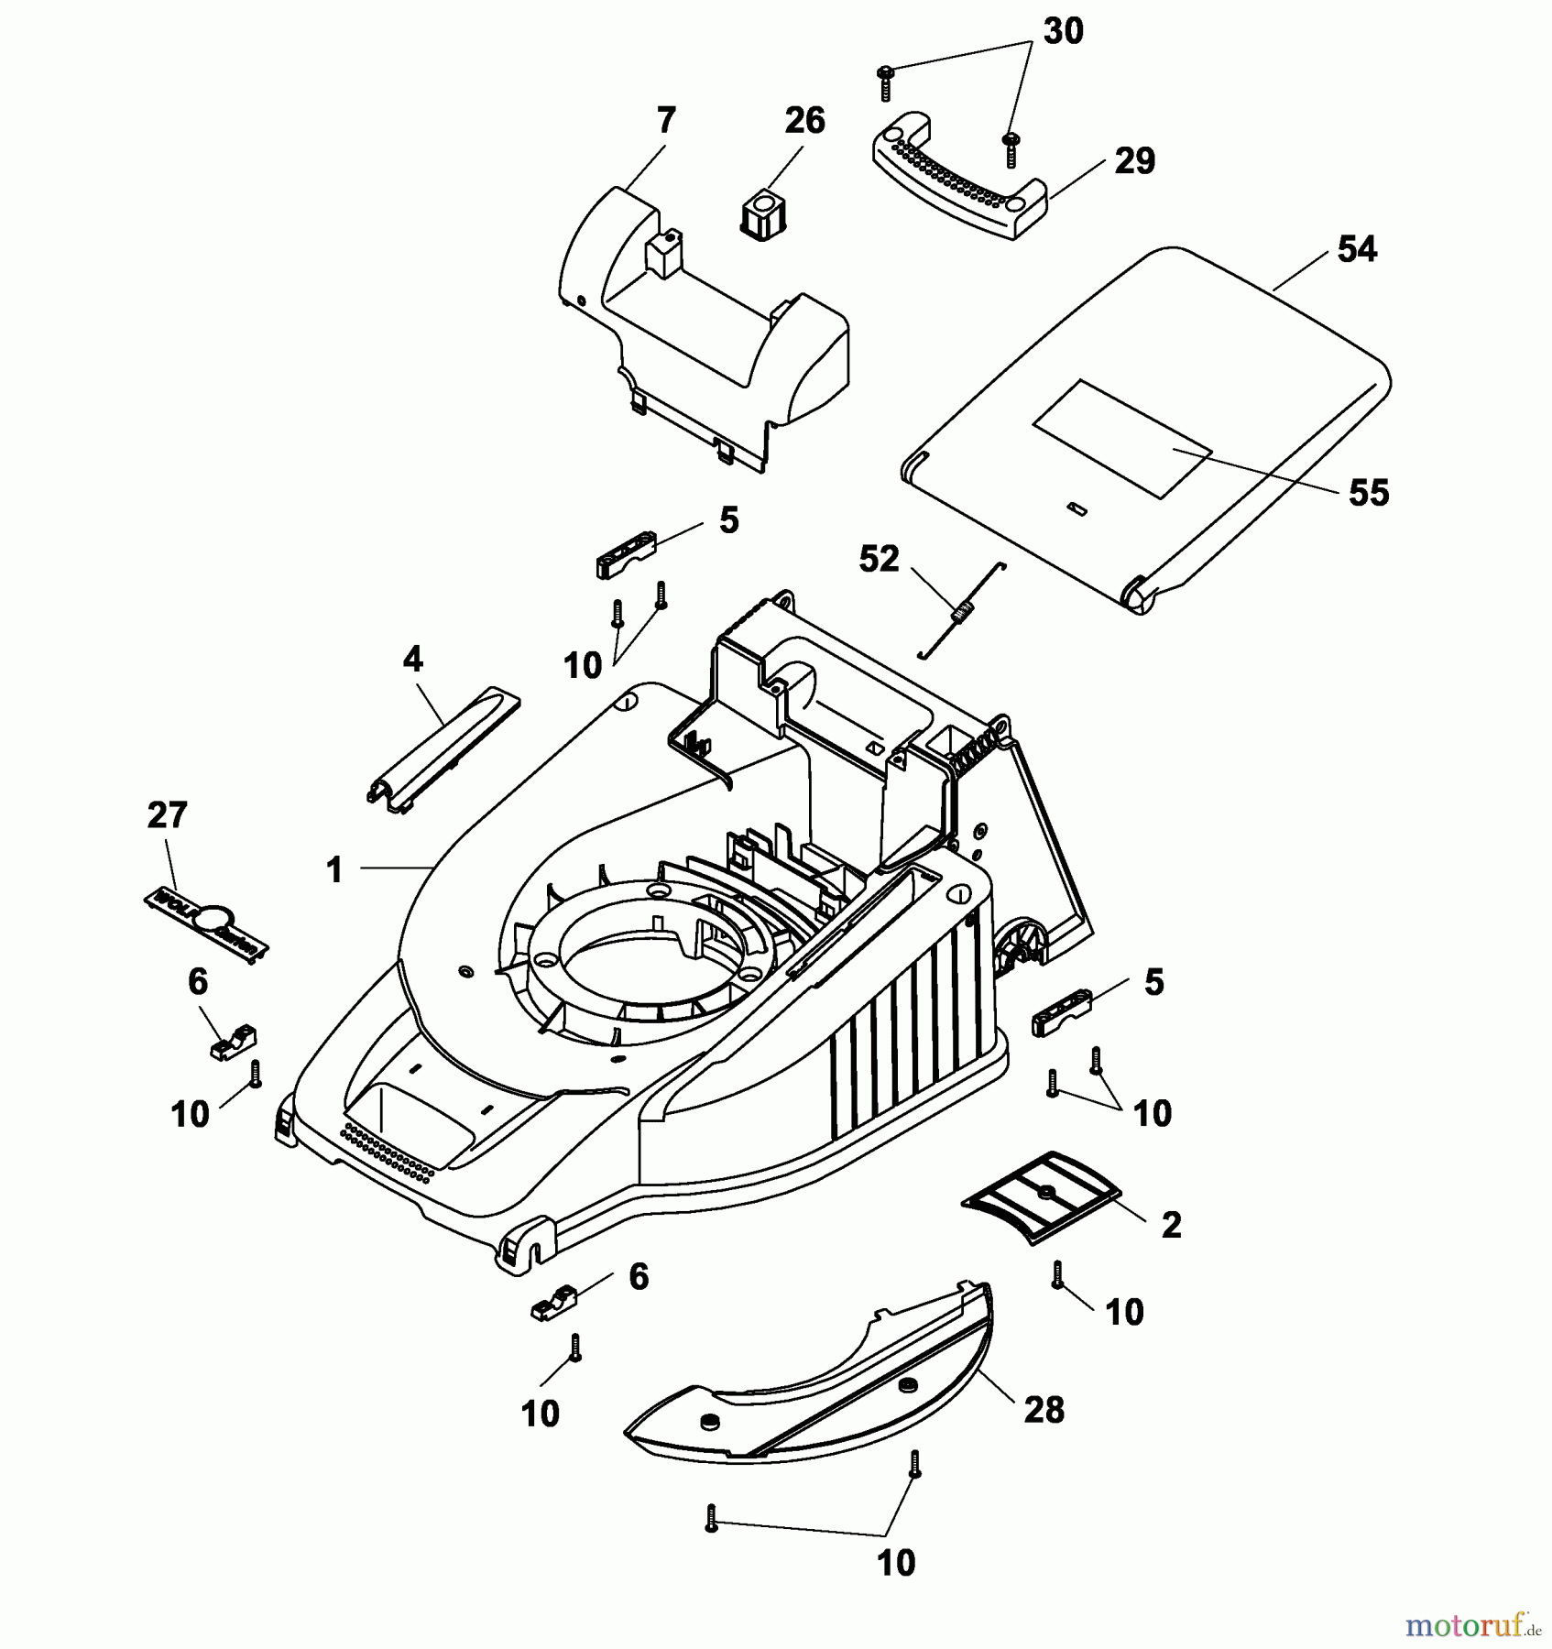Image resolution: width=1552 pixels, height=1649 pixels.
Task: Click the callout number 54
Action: pyautogui.click(x=1356, y=249)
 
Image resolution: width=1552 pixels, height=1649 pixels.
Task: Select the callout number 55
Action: pyautogui.click(x=1369, y=493)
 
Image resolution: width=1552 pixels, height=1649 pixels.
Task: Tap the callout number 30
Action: pyautogui.click(x=1063, y=31)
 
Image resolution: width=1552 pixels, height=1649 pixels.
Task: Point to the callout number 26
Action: pyautogui.click(x=804, y=121)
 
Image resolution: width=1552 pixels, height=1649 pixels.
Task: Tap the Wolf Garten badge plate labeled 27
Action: pyautogui.click(x=206, y=923)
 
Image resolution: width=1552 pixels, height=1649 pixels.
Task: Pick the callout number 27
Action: pyautogui.click(x=167, y=815)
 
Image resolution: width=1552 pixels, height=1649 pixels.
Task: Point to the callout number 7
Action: pyautogui.click(x=666, y=121)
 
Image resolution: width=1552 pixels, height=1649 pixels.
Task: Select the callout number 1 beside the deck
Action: pyautogui.click(x=334, y=869)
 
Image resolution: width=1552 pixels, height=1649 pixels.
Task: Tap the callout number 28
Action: pyautogui.click(x=1044, y=1410)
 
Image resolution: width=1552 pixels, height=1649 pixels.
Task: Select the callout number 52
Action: pyautogui.click(x=879, y=559)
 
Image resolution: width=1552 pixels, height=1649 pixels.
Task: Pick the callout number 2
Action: pyautogui.click(x=1171, y=1225)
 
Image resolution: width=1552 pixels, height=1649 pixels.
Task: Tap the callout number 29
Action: pyautogui.click(x=1134, y=161)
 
